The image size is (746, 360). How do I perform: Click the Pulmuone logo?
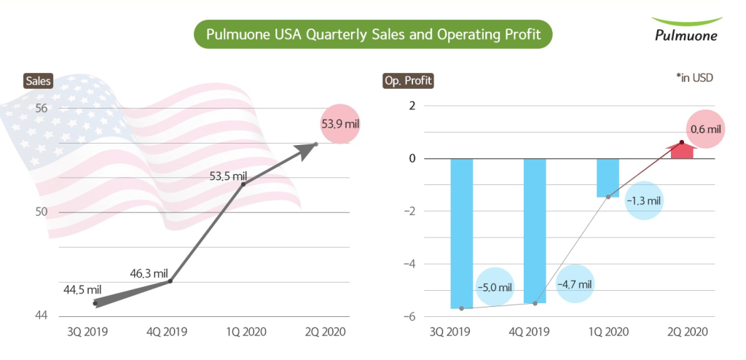pyautogui.click(x=685, y=29)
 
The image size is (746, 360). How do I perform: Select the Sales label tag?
pyautogui.click(x=38, y=81)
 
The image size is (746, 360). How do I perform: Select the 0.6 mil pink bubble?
pyautogui.click(x=705, y=129)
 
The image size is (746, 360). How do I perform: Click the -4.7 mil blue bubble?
pyautogui.click(x=574, y=283)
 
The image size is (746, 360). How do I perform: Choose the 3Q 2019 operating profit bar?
pyautogui.click(x=462, y=233)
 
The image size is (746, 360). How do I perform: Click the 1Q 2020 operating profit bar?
pyautogui.click(x=608, y=178)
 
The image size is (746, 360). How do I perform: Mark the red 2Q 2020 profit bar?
pyautogui.click(x=682, y=151)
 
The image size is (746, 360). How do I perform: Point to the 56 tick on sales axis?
pyautogui.click(x=41, y=109)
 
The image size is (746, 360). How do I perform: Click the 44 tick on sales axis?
pyautogui.click(x=41, y=316)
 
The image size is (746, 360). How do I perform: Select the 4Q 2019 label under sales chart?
pyautogui.click(x=166, y=332)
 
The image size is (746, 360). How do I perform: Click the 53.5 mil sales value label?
pyautogui.click(x=229, y=176)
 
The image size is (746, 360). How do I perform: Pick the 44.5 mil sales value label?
pyautogui.click(x=82, y=289)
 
